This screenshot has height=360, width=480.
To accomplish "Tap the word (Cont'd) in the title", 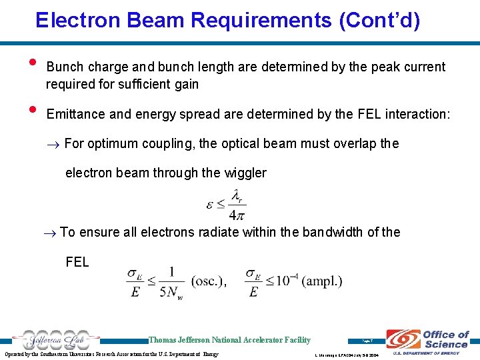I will point(379,20).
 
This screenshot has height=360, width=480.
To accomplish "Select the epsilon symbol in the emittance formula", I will point(210,203).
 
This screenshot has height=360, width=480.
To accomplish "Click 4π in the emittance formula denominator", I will point(237,215).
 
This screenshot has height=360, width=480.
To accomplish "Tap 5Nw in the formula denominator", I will point(171,293).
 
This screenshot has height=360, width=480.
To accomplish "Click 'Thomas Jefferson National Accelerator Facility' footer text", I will point(229,340).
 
